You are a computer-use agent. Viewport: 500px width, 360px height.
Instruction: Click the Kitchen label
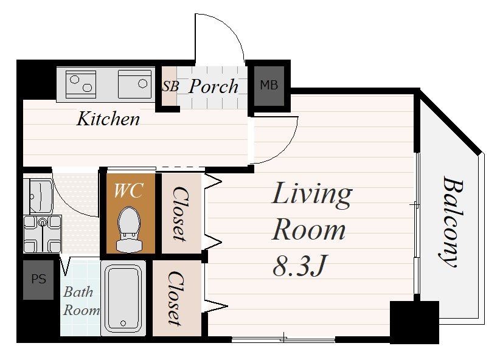click(108, 119)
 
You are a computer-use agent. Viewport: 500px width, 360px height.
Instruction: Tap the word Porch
click(214, 86)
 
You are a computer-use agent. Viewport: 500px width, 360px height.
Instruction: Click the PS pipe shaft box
click(38, 280)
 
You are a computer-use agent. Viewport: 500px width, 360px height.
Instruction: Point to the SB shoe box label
click(170, 86)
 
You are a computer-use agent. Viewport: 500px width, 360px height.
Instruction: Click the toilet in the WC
click(129, 229)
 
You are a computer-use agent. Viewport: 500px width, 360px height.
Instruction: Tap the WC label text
click(128, 191)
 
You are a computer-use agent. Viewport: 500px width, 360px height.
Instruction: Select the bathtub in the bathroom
click(123, 298)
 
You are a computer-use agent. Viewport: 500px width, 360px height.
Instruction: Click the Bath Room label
click(81, 301)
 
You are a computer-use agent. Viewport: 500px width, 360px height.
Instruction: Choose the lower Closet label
click(176, 298)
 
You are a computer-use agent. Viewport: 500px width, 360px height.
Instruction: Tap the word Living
click(312, 193)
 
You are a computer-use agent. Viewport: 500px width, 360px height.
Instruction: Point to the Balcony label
click(451, 221)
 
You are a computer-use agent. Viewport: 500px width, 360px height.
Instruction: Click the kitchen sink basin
click(134, 85)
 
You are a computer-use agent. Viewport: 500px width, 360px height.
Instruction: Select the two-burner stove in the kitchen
click(81, 85)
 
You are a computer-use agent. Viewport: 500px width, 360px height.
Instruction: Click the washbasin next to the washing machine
click(38, 196)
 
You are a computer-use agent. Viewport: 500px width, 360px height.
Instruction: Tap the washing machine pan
click(43, 234)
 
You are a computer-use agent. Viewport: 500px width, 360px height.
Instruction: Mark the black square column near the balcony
click(415, 322)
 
